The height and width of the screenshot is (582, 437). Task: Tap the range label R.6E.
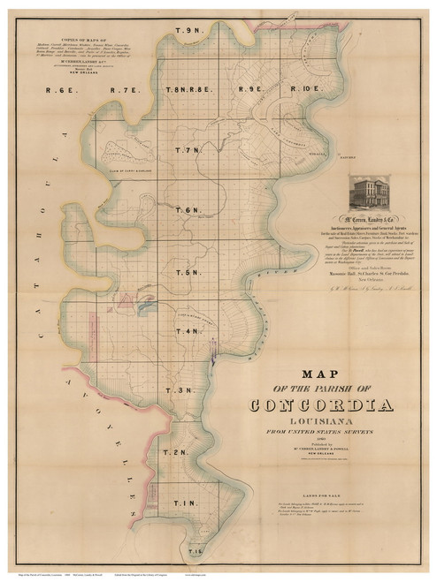(x=62, y=89)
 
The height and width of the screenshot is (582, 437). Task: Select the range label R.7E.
(x=125, y=89)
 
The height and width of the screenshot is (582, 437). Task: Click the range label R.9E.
(x=250, y=89)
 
